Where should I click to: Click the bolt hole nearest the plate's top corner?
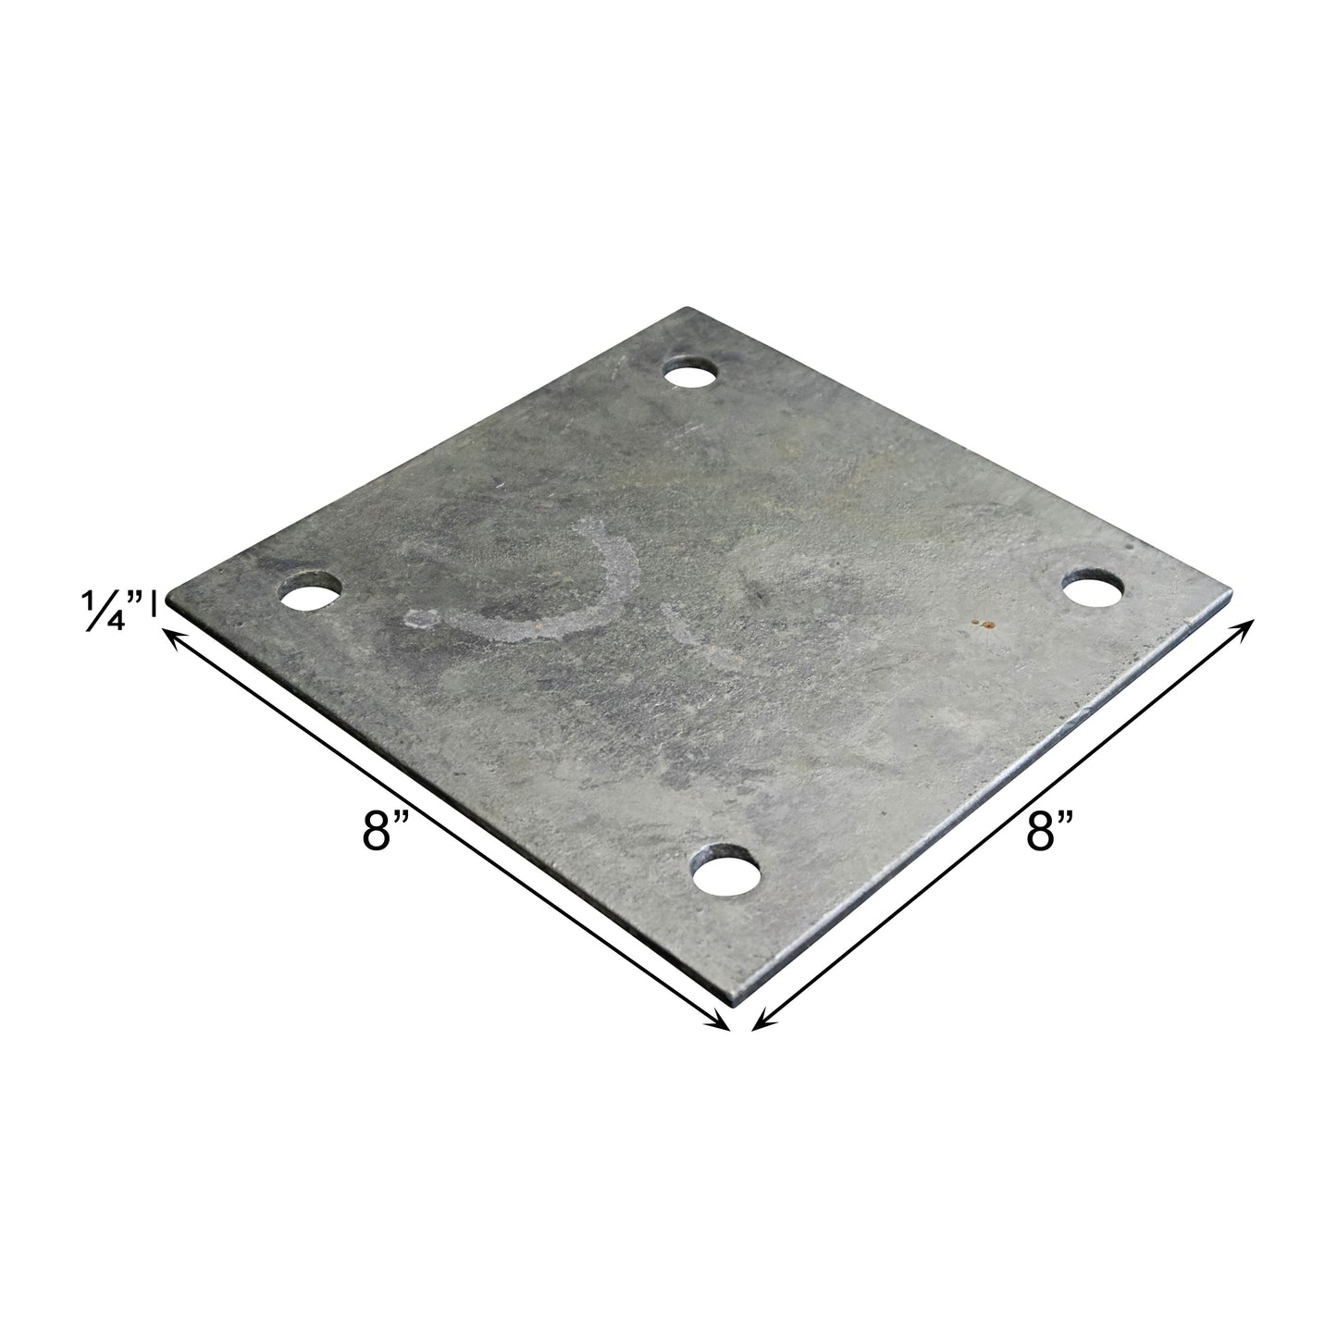coord(692,376)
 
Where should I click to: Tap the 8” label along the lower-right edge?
coord(1051,830)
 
